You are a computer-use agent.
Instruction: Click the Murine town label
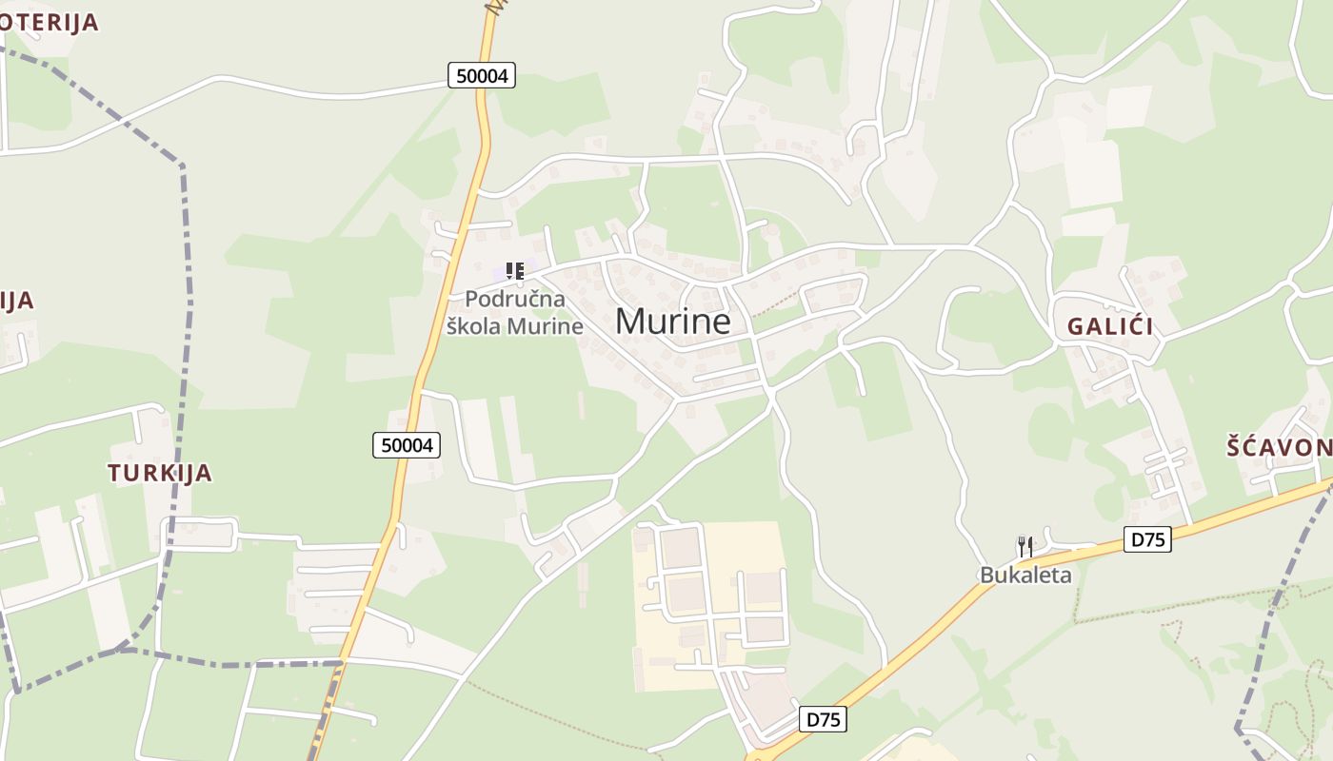(672, 322)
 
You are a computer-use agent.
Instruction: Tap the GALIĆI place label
(1109, 326)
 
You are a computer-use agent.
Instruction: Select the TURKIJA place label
(159, 473)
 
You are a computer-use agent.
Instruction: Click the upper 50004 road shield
(482, 75)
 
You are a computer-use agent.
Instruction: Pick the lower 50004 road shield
(407, 444)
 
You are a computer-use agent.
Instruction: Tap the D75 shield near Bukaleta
(1147, 539)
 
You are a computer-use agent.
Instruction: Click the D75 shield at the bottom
(823, 719)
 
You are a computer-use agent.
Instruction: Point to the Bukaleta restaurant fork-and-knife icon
(1025, 547)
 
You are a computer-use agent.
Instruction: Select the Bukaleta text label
(1026, 575)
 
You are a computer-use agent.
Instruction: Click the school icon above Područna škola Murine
(515, 271)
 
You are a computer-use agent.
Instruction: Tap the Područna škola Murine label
(514, 312)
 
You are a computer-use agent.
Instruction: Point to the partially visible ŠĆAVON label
(1279, 447)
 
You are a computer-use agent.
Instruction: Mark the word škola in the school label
(474, 325)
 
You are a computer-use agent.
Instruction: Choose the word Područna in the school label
(514, 299)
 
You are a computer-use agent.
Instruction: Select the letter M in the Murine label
(628, 322)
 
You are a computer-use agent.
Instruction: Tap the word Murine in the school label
(545, 325)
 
